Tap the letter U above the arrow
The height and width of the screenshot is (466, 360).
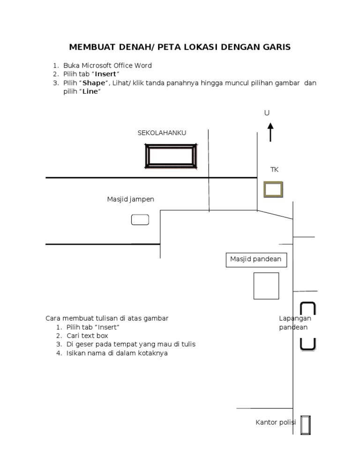click(267, 113)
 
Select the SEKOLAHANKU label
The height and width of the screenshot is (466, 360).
click(162, 133)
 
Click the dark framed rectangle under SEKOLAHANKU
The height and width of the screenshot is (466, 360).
click(170, 156)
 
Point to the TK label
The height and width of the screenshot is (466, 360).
click(274, 170)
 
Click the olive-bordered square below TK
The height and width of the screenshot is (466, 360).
click(273, 189)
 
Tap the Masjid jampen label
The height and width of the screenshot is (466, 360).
click(130, 200)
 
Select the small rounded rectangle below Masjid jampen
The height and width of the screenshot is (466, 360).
click(140, 219)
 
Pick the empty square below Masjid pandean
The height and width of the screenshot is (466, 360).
click(266, 286)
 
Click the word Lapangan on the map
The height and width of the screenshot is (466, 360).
click(295, 319)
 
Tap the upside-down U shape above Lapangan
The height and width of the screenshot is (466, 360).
click(307, 308)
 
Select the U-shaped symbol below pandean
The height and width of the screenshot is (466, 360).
click(307, 344)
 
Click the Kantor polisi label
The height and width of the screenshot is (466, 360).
click(276, 423)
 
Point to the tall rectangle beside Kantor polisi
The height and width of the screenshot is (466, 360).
click(306, 425)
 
